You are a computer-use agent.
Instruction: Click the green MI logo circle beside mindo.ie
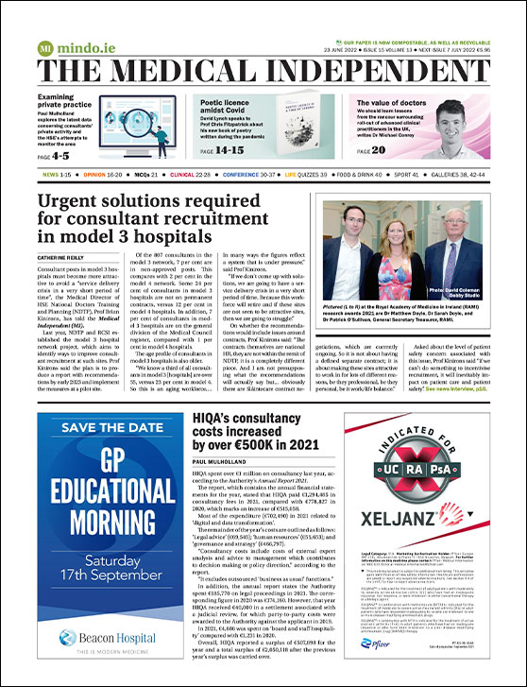pyautogui.click(x=45, y=48)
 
